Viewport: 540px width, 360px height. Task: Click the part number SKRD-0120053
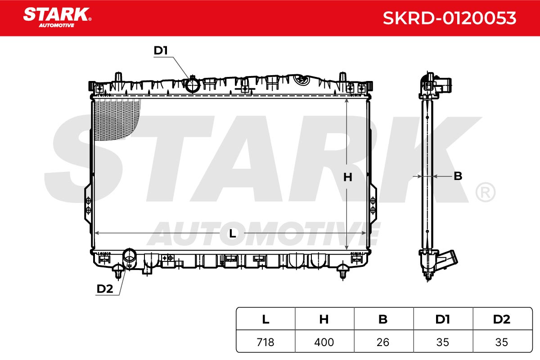click(450, 18)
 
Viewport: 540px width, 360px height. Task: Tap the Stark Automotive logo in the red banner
click(57, 18)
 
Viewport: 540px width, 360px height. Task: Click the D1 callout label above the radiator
click(161, 50)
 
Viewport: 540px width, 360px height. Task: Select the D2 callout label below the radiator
click(104, 288)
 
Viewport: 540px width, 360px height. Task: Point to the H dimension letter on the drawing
click(347, 177)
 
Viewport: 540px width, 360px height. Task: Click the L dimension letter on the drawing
click(232, 234)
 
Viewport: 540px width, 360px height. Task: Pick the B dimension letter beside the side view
click(458, 176)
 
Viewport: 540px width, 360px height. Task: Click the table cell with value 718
click(265, 342)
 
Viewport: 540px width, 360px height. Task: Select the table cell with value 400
click(324, 342)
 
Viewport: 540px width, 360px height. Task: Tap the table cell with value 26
click(383, 342)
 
